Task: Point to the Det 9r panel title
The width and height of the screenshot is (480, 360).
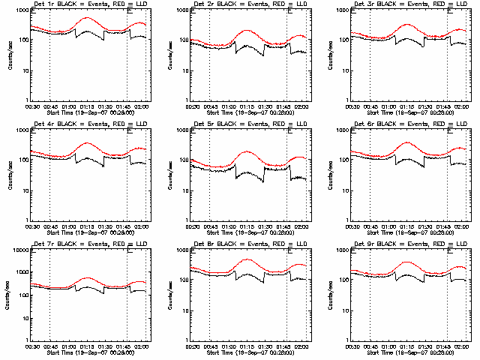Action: (x=409, y=245)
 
